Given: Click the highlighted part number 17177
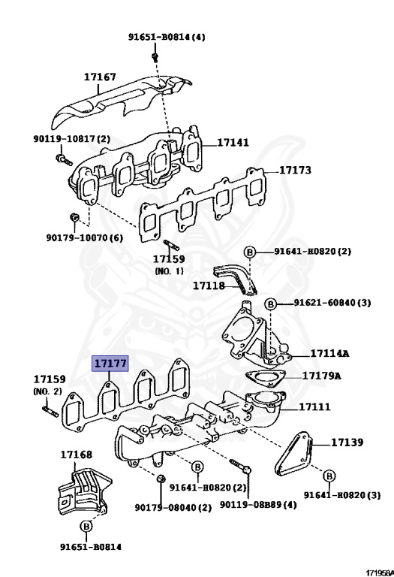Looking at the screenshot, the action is coord(110,364).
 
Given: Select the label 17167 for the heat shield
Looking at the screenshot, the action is coord(100,77).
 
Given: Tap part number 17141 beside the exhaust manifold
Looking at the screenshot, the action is coord(233,143).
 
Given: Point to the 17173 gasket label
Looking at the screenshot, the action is coord(295,170).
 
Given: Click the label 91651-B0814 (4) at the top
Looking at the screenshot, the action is coord(167,37).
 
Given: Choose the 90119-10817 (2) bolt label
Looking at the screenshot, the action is coord(71,139).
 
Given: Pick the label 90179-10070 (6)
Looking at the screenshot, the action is coord(85,237).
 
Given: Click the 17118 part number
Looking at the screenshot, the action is coord(209,285).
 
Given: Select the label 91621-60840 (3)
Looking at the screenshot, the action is coord(332,303).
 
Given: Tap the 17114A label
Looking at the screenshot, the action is coord(329,354).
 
